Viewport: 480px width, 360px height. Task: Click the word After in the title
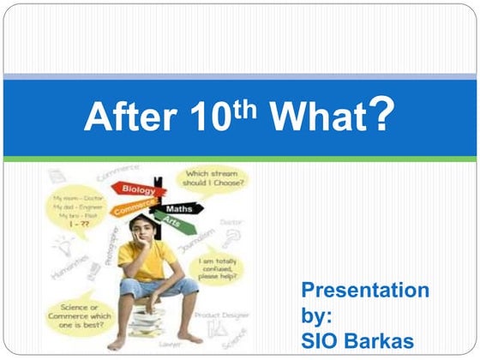click(126, 117)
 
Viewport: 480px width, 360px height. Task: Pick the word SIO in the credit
click(321, 339)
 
